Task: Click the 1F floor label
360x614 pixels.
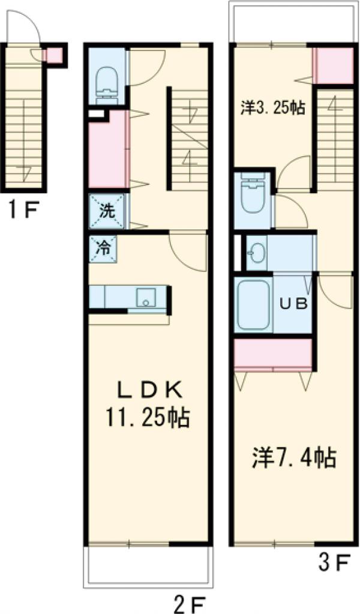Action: [x=23, y=211]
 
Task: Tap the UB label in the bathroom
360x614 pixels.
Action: [x=294, y=303]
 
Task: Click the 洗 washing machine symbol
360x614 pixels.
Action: [x=107, y=211]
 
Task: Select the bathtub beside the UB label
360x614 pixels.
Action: [x=253, y=305]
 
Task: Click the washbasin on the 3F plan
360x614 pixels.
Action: [x=257, y=254]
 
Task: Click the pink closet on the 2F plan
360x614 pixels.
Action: [x=107, y=149]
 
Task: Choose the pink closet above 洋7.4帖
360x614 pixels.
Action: [x=274, y=355]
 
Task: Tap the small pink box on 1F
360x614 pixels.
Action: [x=54, y=56]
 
